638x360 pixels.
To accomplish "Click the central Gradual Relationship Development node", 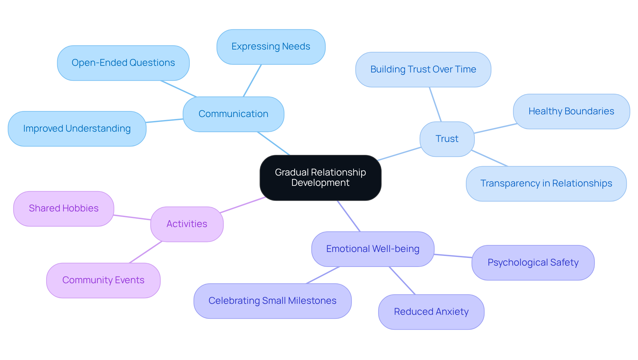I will point(320,178).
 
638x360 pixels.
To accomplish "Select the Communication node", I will point(233,114).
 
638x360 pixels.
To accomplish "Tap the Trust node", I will point(447,139).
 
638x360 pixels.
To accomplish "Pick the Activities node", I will point(187,224).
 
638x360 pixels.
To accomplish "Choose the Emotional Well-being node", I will point(372,249).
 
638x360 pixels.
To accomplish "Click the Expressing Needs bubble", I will point(271,47).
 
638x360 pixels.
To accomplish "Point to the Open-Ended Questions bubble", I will point(123,63).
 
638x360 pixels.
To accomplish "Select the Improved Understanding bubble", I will point(77,129).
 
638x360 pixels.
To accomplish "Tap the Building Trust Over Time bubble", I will point(423,69).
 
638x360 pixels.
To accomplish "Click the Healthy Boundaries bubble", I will point(571,111).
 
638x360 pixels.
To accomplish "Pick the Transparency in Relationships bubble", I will point(546,183).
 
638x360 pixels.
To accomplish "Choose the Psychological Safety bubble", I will point(533,263).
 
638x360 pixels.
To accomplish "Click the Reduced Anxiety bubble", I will point(431,312).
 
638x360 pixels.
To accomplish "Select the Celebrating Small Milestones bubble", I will point(272,301).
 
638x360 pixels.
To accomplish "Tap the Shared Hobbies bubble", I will point(63,208).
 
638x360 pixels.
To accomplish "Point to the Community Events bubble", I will point(103,280).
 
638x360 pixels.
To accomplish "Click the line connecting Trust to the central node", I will point(399,154).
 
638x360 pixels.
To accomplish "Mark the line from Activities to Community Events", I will point(145,252).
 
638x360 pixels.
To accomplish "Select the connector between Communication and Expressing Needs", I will point(252,80).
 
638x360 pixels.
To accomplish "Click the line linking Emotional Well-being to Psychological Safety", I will point(453,256).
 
